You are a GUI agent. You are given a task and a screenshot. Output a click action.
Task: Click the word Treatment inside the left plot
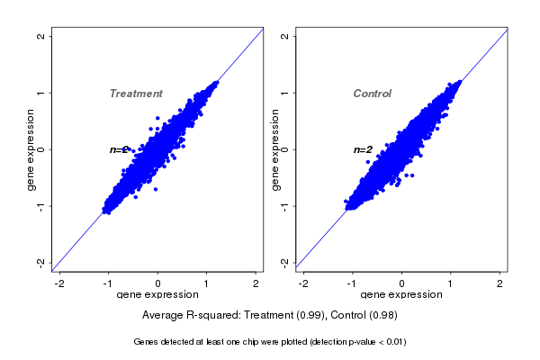click(136, 94)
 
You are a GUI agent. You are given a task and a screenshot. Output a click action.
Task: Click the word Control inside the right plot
click(373, 94)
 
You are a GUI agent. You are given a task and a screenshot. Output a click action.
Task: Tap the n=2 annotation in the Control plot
click(363, 149)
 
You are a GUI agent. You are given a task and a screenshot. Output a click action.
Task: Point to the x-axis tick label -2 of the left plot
click(60, 283)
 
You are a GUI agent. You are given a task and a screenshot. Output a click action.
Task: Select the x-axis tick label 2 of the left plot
click(256, 283)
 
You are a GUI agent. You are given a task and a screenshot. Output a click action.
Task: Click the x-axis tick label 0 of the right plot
click(402, 283)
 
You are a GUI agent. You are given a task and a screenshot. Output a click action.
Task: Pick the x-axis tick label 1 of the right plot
click(451, 283)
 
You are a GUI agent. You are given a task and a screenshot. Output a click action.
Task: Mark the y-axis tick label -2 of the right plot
click(285, 262)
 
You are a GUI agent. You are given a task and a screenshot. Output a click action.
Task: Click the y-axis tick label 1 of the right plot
click(285, 93)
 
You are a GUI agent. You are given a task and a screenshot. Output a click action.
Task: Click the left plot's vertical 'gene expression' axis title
click(31, 149)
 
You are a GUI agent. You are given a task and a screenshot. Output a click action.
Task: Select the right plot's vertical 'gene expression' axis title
click(275, 149)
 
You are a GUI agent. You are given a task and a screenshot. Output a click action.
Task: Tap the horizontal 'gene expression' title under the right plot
click(402, 295)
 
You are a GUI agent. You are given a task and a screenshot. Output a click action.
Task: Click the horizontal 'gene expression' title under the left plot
click(158, 295)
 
